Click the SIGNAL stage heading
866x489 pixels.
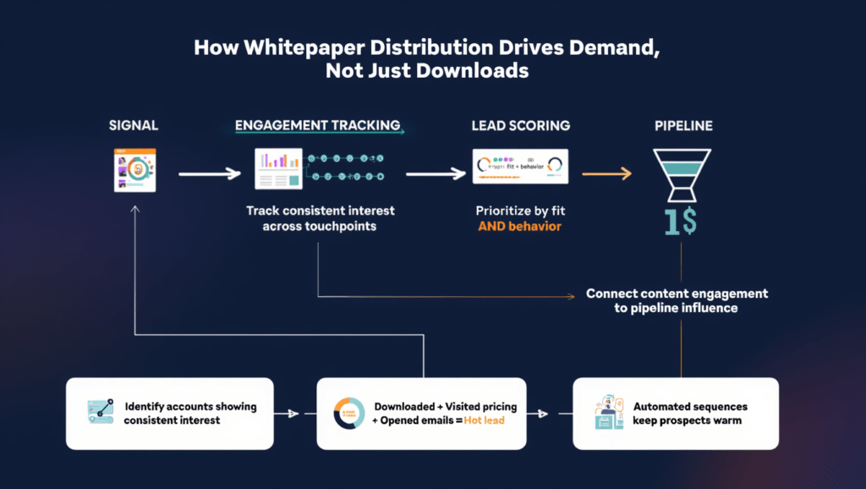[134, 126]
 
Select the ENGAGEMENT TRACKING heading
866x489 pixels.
[317, 126]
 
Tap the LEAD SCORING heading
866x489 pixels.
[520, 126]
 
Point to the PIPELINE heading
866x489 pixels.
[683, 126]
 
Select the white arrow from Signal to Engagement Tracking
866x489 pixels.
[209, 173]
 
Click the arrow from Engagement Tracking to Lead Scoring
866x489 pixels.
[436, 173]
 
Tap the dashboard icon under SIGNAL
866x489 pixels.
[135, 170]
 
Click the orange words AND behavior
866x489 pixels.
[519, 227]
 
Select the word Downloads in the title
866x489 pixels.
[474, 71]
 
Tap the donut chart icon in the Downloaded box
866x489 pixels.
[348, 413]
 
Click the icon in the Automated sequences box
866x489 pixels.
[609, 413]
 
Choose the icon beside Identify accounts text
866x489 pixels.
[101, 413]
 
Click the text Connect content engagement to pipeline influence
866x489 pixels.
[677, 300]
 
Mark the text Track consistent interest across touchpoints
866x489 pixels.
[320, 218]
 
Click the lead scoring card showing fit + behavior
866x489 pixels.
[520, 165]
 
